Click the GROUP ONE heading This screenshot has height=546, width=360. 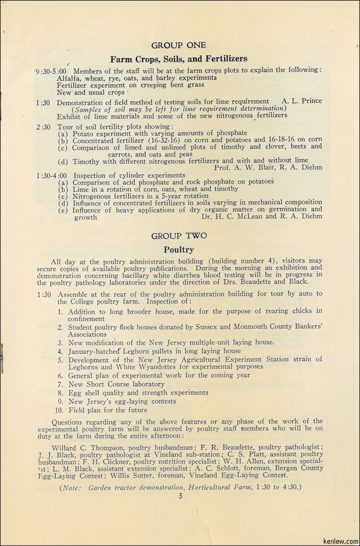(179, 45)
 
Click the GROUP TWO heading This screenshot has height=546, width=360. (179, 236)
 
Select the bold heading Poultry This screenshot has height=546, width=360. (179, 250)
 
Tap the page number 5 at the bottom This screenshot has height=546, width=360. (180, 496)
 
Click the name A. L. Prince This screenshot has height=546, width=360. (302, 101)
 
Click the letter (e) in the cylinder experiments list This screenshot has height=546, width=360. (63, 210)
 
